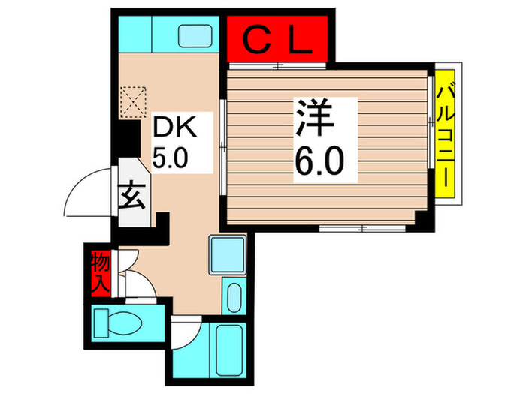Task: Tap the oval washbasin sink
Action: tap(233, 298)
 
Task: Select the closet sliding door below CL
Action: tap(278, 66)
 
